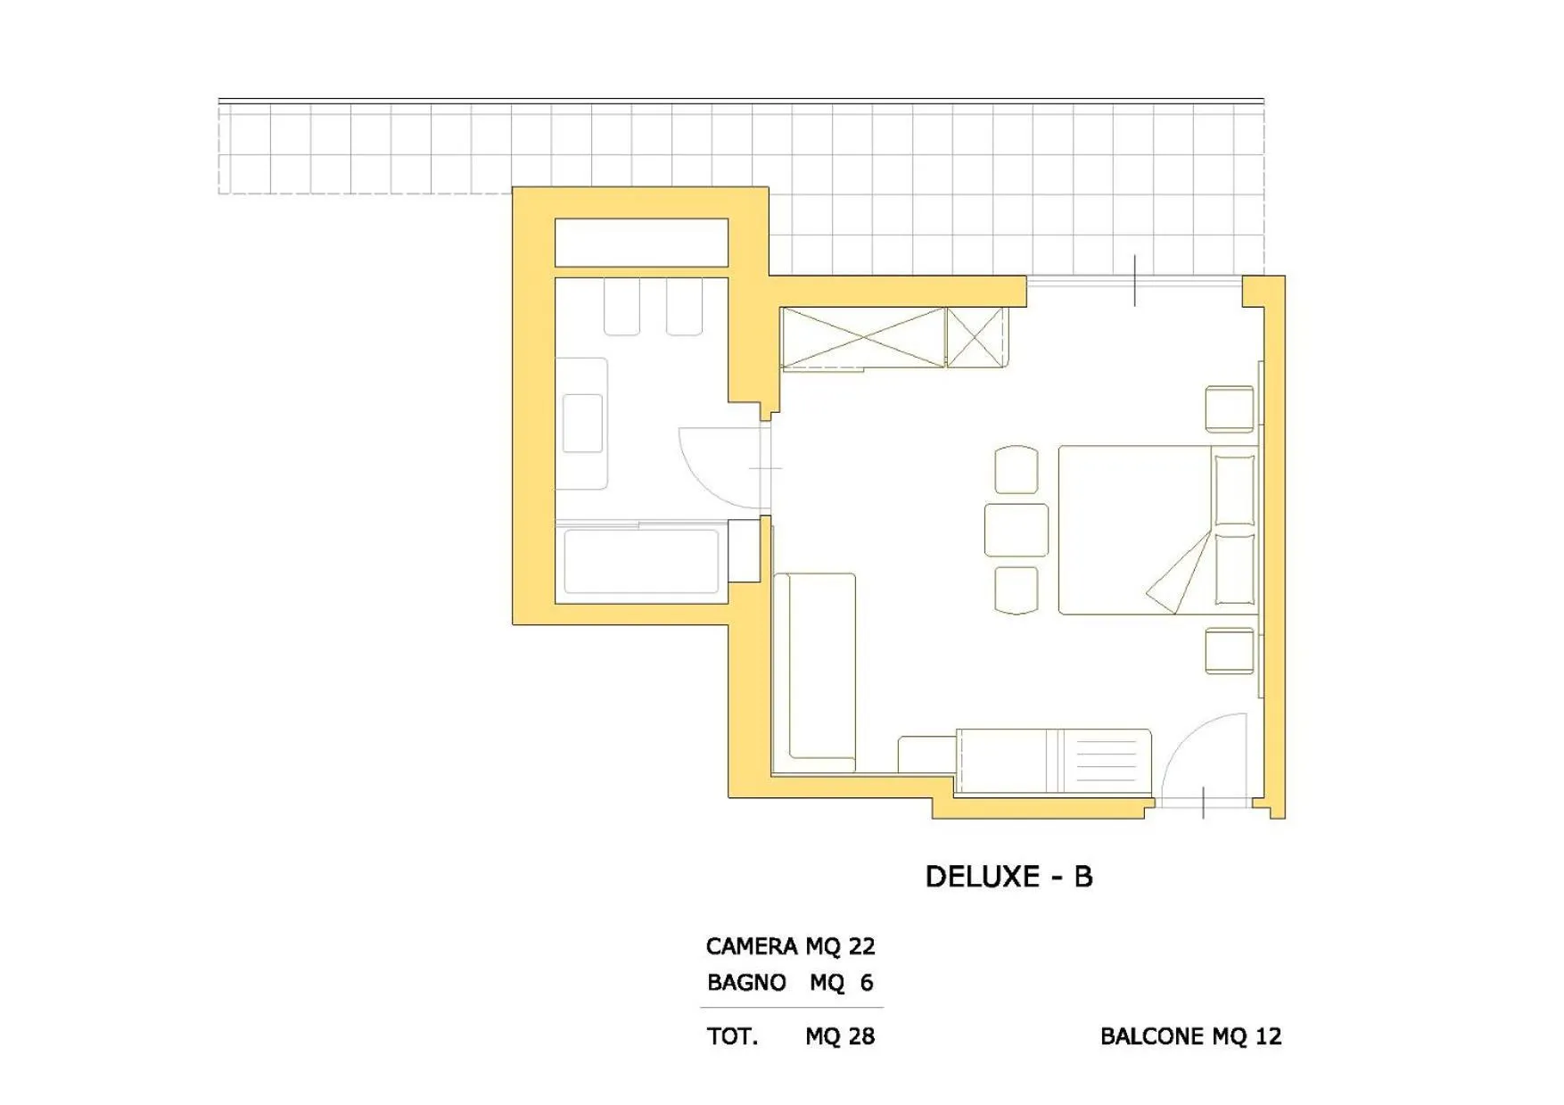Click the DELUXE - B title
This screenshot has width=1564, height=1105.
point(1008,877)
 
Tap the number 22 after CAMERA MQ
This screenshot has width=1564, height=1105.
point(861,945)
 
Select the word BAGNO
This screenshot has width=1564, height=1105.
point(746,983)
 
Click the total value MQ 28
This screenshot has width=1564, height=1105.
point(840,1036)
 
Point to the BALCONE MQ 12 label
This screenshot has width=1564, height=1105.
point(1190,1036)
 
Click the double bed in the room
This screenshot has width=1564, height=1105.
point(1132,530)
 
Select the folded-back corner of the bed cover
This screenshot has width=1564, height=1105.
point(1177,575)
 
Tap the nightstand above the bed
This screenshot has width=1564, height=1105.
point(1230,409)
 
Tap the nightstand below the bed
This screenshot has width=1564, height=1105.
point(1230,650)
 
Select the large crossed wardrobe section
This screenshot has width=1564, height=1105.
point(862,337)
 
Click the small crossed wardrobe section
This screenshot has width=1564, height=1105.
point(975,337)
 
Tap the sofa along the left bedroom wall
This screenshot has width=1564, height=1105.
point(814,671)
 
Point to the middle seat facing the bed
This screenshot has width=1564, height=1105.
point(1016,530)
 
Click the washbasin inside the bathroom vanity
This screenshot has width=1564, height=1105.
point(582,423)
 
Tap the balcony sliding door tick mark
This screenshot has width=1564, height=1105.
point(1134,281)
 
